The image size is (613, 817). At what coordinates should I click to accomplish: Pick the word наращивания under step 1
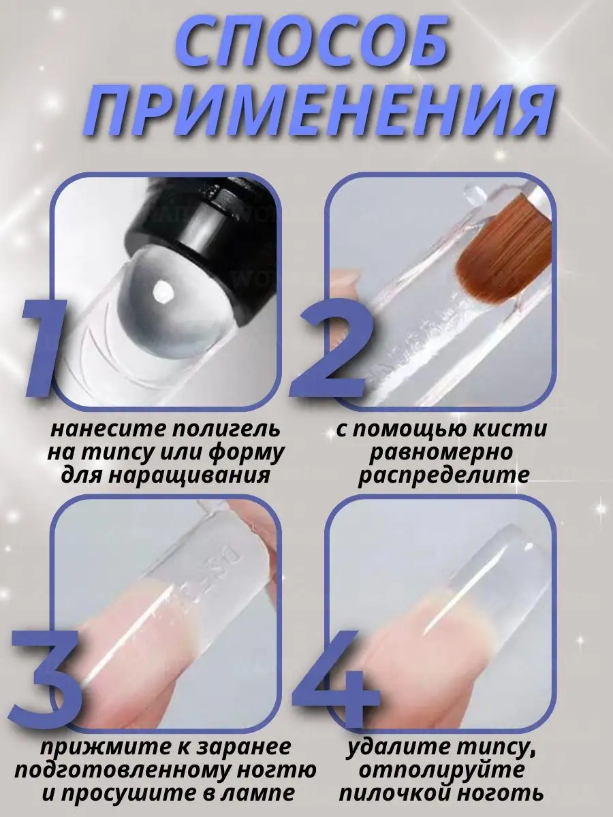[x=189, y=476]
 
